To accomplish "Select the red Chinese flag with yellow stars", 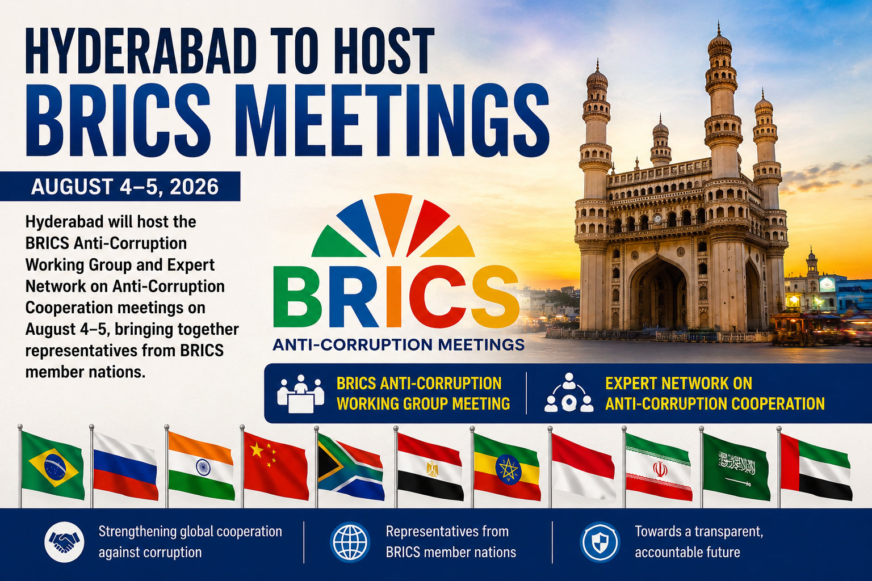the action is pos(276,466).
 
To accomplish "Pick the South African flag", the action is pos(351,467).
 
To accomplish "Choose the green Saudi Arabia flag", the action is pos(736,466).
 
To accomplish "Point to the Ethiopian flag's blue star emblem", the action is pos(508,469).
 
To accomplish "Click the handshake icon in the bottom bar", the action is pos(64,542).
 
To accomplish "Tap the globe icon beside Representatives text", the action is pos(350,542).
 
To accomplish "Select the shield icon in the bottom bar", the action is pos(599,542).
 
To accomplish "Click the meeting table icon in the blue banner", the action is pos(300,393).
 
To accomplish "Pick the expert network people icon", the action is pos(569,393).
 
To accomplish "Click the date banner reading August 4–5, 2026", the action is pos(120,187).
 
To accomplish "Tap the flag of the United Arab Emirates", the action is pos(816,467).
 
